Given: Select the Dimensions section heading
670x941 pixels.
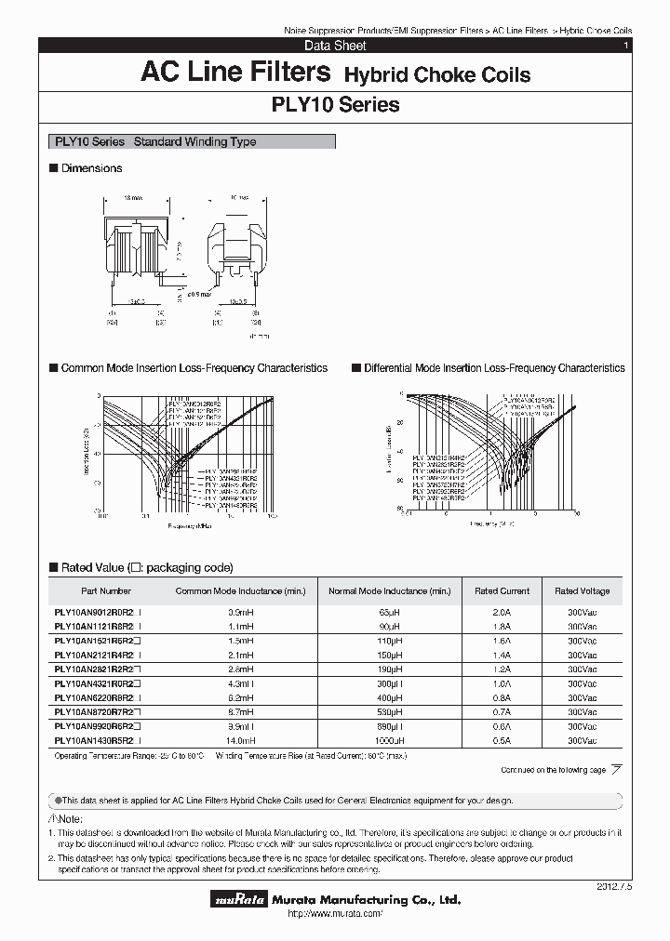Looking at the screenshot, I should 90,168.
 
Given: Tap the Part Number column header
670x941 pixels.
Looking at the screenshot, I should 106,590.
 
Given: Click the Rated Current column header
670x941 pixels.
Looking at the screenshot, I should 502,590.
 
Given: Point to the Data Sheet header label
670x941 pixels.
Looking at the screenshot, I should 335,46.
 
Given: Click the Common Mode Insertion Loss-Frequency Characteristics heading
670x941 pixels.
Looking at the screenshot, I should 194,368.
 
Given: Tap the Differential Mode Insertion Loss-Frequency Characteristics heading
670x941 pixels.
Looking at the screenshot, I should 493,368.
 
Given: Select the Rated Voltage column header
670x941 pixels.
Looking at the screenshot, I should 582,590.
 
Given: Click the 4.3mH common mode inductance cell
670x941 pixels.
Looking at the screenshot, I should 240,683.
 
